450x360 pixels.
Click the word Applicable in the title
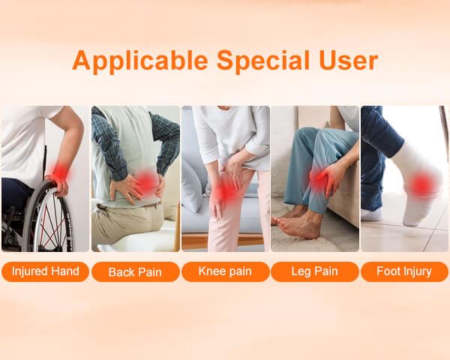(140, 61)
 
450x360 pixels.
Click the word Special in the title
(263, 61)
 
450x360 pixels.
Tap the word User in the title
(348, 60)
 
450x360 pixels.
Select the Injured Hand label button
(45, 271)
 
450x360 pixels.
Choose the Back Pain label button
(136, 271)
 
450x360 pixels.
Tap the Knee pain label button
(226, 271)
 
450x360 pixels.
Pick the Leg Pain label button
(315, 271)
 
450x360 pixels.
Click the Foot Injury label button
(404, 271)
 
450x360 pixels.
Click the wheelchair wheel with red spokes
(47, 217)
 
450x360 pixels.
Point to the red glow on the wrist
(60, 172)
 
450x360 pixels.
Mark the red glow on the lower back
(146, 181)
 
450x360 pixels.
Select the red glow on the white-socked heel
(421, 184)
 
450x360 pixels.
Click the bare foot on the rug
(298, 224)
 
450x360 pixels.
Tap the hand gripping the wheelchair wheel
(58, 185)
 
